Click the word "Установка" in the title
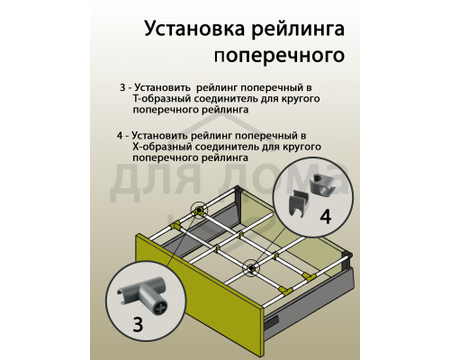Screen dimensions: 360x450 click(190, 30)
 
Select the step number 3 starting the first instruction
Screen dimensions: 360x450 click(122, 88)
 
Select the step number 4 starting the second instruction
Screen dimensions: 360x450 click(121, 135)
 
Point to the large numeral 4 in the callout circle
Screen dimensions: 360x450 click(325, 217)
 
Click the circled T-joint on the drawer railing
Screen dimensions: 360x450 click(197, 213)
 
